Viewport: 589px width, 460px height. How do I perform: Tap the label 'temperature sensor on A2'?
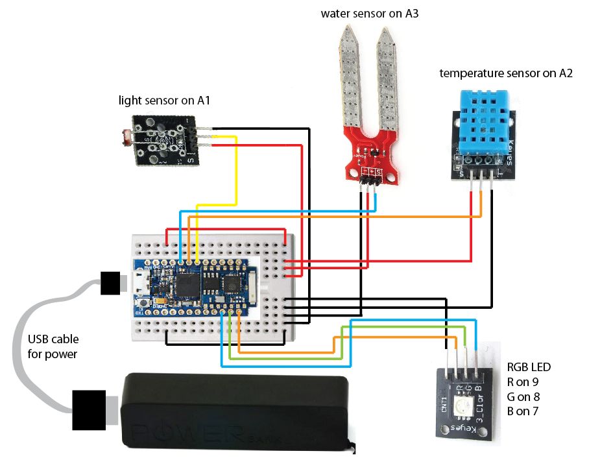(505, 73)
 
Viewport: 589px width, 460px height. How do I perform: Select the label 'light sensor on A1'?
(164, 101)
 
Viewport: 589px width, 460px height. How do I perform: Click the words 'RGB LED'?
(529, 367)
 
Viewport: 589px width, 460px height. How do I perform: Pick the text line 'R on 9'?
(522, 381)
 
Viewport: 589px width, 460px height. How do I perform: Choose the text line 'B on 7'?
(522, 411)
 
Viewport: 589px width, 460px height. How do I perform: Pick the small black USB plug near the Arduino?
(112, 282)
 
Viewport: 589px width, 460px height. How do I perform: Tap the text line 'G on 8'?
(522, 396)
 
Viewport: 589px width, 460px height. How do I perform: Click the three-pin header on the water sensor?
(369, 185)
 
